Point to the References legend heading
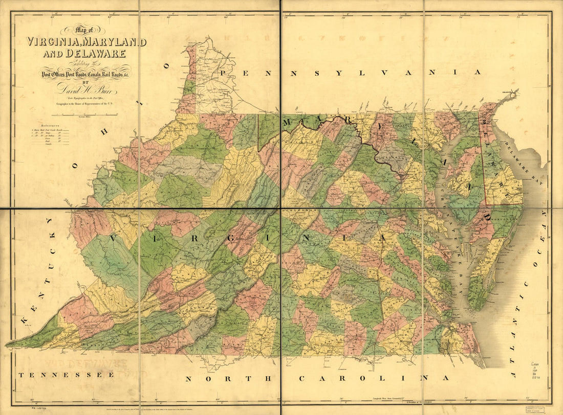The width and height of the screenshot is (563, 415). tap(44, 125)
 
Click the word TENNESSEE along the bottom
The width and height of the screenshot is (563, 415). tap(66, 375)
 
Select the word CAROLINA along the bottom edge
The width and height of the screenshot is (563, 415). tap(374, 378)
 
